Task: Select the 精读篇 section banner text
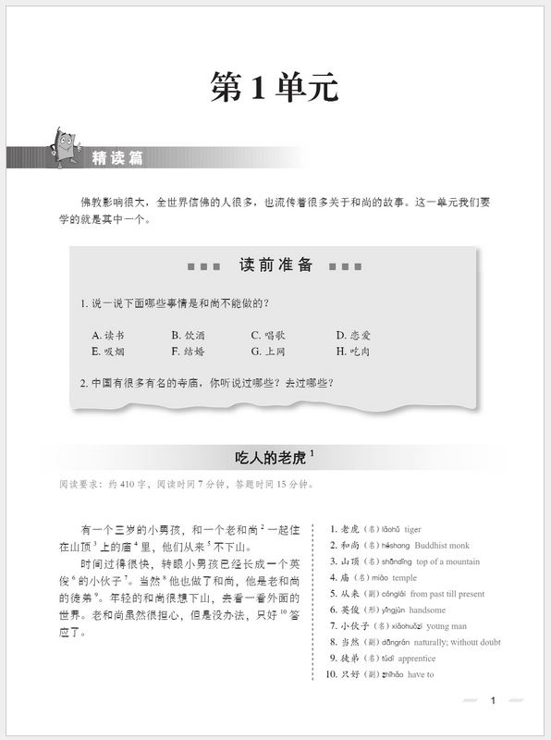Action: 118,158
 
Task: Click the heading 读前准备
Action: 275,265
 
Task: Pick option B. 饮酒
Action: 189,335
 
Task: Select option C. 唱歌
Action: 269,335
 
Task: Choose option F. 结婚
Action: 189,351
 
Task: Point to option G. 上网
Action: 269,351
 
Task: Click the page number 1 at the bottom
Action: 494,700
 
